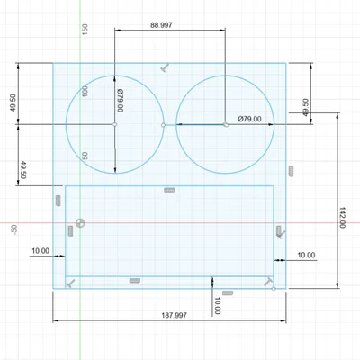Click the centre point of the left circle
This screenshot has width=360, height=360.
pyautogui.click(x=115, y=124)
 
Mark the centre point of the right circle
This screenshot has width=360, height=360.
pyautogui.click(x=226, y=124)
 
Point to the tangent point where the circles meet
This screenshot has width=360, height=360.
pyautogui.click(x=163, y=124)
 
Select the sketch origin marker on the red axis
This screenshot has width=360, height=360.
pyautogui.click(x=81, y=222)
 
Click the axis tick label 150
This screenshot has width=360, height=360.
pyautogui.click(x=85, y=29)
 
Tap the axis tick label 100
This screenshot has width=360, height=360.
pyautogui.click(x=85, y=92)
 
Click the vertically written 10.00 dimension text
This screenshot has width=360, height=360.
pyautogui.click(x=218, y=304)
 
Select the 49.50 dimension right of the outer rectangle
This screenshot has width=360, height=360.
pyautogui.click(x=306, y=107)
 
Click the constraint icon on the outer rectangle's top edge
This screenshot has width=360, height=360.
pyautogui.click(x=166, y=67)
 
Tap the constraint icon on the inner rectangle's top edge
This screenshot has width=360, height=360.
pyautogui.click(x=168, y=190)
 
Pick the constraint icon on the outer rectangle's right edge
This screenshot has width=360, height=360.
pyautogui.click(x=291, y=170)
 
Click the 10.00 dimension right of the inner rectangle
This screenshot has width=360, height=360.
pyautogui.click(x=306, y=256)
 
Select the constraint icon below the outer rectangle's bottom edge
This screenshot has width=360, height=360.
pyautogui.click(x=229, y=292)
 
